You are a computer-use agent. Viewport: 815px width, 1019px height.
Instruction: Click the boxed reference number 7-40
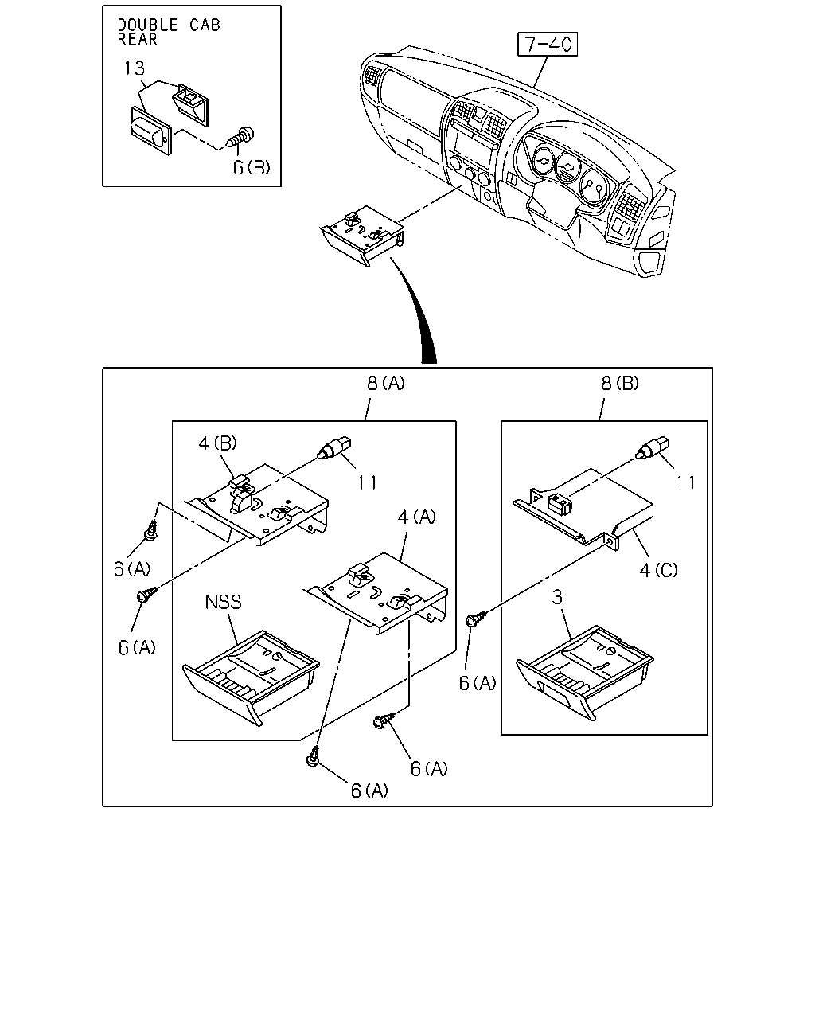547,44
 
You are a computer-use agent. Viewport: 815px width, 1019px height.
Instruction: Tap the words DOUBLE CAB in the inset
169,25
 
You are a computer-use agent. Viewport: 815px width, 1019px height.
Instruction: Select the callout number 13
134,68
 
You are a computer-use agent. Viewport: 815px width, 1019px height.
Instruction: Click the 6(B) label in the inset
252,167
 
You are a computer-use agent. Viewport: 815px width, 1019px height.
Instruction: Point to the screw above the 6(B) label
240,136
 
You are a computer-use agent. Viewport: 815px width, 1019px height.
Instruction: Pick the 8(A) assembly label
386,383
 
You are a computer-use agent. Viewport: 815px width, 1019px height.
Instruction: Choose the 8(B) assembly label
620,383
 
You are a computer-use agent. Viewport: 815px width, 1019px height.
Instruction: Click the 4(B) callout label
218,443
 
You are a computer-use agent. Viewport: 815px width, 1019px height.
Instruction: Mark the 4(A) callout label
417,517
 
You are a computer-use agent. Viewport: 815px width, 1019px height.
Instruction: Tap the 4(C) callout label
659,570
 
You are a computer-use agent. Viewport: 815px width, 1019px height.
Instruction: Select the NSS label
223,603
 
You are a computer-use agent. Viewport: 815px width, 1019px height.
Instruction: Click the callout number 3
557,597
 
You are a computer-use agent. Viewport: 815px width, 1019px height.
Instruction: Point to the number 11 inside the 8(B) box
685,483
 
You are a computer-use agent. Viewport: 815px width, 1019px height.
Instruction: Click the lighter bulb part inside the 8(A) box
334,447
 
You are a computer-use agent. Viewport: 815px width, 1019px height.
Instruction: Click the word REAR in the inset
138,39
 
